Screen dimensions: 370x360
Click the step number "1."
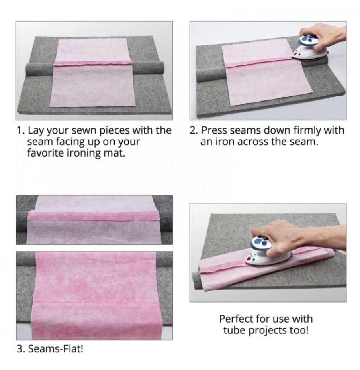click(20, 131)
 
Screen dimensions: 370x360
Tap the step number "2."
click(194, 131)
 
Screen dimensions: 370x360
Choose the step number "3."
click(20, 348)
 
